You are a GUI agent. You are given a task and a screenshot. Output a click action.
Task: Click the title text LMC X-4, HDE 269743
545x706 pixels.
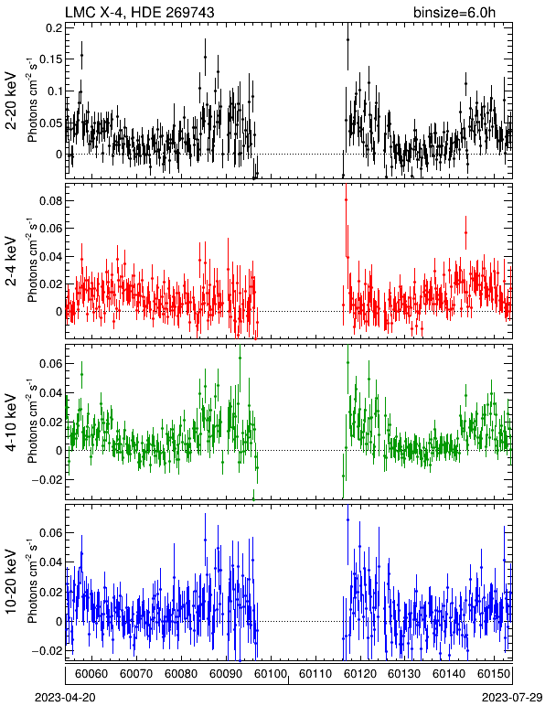(x=140, y=12)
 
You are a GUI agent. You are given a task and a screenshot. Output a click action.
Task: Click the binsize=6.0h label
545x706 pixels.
(x=454, y=12)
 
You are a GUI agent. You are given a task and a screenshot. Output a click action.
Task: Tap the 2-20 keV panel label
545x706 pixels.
(x=11, y=101)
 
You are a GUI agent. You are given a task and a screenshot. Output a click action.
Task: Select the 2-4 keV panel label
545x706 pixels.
(x=11, y=262)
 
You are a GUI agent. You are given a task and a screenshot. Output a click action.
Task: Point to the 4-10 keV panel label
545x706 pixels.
(x=11, y=423)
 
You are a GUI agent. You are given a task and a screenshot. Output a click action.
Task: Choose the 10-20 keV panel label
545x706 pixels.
(x=11, y=582)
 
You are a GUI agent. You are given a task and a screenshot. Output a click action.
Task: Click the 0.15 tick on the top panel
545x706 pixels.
(x=51, y=59)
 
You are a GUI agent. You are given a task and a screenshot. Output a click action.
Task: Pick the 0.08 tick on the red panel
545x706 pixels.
(x=51, y=201)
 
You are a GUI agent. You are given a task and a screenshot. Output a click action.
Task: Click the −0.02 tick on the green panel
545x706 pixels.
(x=48, y=479)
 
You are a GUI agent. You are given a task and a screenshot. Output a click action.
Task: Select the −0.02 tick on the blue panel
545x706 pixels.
(x=48, y=651)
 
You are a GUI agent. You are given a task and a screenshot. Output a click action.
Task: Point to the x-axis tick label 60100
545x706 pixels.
(x=271, y=674)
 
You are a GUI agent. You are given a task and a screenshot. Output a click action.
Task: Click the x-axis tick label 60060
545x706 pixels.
(x=91, y=674)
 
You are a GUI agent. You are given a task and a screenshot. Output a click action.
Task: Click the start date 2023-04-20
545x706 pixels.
(x=65, y=698)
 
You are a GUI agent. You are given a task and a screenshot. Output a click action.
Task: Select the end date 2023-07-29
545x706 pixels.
(x=513, y=698)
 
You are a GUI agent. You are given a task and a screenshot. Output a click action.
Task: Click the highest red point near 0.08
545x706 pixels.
(x=346, y=199)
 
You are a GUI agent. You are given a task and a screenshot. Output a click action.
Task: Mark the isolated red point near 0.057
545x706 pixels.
(x=465, y=233)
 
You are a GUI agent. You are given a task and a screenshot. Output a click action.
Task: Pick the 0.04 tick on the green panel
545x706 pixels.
(x=51, y=392)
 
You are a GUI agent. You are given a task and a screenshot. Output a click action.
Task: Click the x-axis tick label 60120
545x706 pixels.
(x=359, y=674)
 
